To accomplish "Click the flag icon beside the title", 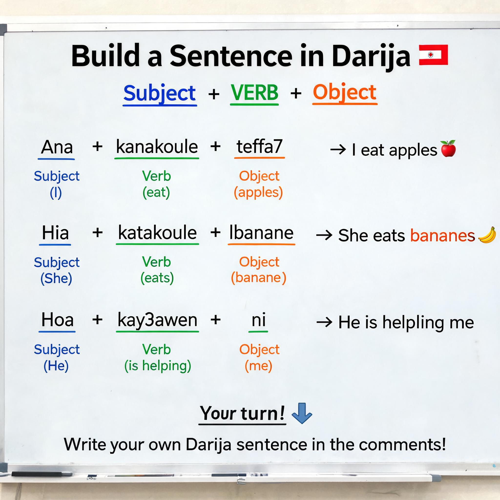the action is (x=433, y=55).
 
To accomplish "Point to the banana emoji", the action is (x=487, y=235).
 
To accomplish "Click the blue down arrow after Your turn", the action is (x=302, y=413).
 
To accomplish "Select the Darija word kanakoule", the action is (x=157, y=146).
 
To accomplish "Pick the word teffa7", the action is (x=259, y=146).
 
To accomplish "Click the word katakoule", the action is (x=157, y=232).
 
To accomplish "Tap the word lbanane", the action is (x=261, y=232).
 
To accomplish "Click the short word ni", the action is (x=259, y=320).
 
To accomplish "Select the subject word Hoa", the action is (x=57, y=319).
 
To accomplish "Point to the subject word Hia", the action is (x=55, y=232).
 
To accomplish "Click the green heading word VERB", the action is (x=254, y=92).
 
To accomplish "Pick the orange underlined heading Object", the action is (x=344, y=92).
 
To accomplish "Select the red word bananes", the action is (x=443, y=235).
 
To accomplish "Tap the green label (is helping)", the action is (x=158, y=366).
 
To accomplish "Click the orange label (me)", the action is (x=258, y=366).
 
